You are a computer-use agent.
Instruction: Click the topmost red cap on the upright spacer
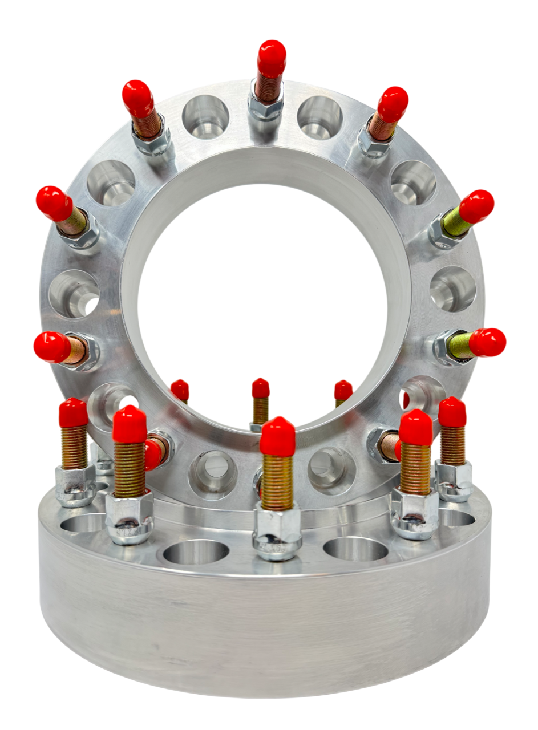[x=271, y=57]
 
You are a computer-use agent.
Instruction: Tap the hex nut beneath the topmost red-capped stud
[x=266, y=105]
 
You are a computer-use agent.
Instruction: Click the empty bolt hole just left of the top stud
[x=205, y=117]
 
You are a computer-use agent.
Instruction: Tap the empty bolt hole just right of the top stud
[x=319, y=117]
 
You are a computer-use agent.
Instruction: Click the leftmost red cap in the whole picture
[x=51, y=347]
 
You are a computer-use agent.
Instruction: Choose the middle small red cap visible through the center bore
[x=261, y=388]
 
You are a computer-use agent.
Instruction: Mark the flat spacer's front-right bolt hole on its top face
[x=355, y=549]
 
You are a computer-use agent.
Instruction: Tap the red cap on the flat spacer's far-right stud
[x=452, y=412]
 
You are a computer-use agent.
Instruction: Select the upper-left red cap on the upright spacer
[x=137, y=98]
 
